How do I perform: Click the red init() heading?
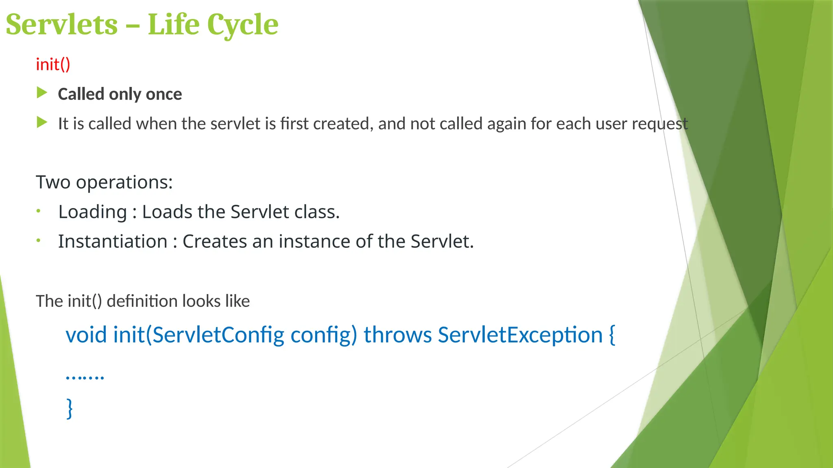(x=53, y=65)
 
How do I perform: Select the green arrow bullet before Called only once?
(x=42, y=93)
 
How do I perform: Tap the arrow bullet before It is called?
(x=42, y=122)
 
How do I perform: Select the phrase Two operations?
(x=104, y=182)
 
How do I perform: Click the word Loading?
(x=93, y=212)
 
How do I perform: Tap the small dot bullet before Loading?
(x=38, y=211)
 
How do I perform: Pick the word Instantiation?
(x=113, y=242)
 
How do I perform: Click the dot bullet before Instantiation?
(x=38, y=240)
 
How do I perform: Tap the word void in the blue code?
(x=86, y=335)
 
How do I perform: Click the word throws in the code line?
(x=397, y=335)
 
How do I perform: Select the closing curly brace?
(x=70, y=408)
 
